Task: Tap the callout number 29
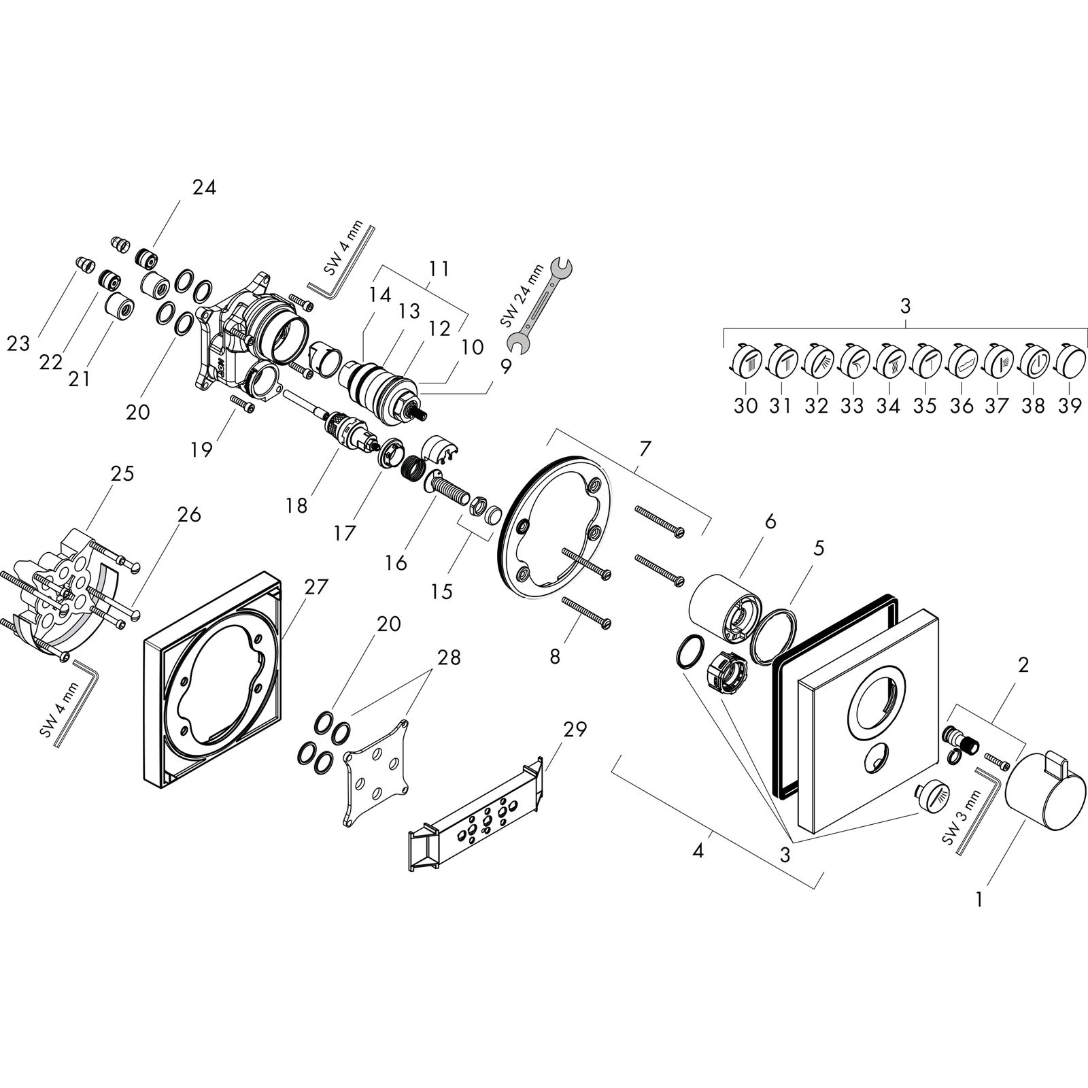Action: click(x=575, y=730)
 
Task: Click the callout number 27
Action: click(x=316, y=587)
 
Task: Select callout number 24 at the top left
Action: click(x=203, y=187)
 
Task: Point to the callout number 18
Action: click(x=297, y=505)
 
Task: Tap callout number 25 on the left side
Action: click(x=122, y=473)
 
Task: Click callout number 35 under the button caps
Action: click(x=925, y=406)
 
